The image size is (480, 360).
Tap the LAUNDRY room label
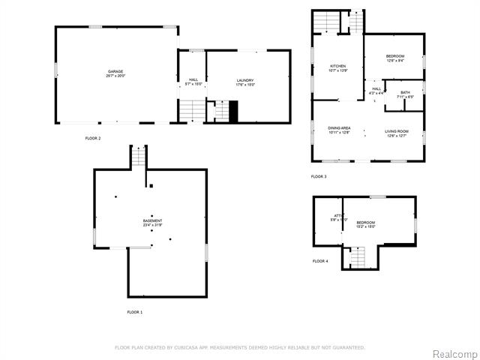[245, 82]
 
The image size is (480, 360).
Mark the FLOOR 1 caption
[134, 311]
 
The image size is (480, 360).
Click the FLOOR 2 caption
[93, 138]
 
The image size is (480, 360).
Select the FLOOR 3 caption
[319, 176]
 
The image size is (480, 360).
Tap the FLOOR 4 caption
[320, 261]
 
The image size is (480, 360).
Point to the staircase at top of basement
[139, 157]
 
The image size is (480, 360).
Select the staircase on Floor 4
[358, 259]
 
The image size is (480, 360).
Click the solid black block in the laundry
[233, 113]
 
